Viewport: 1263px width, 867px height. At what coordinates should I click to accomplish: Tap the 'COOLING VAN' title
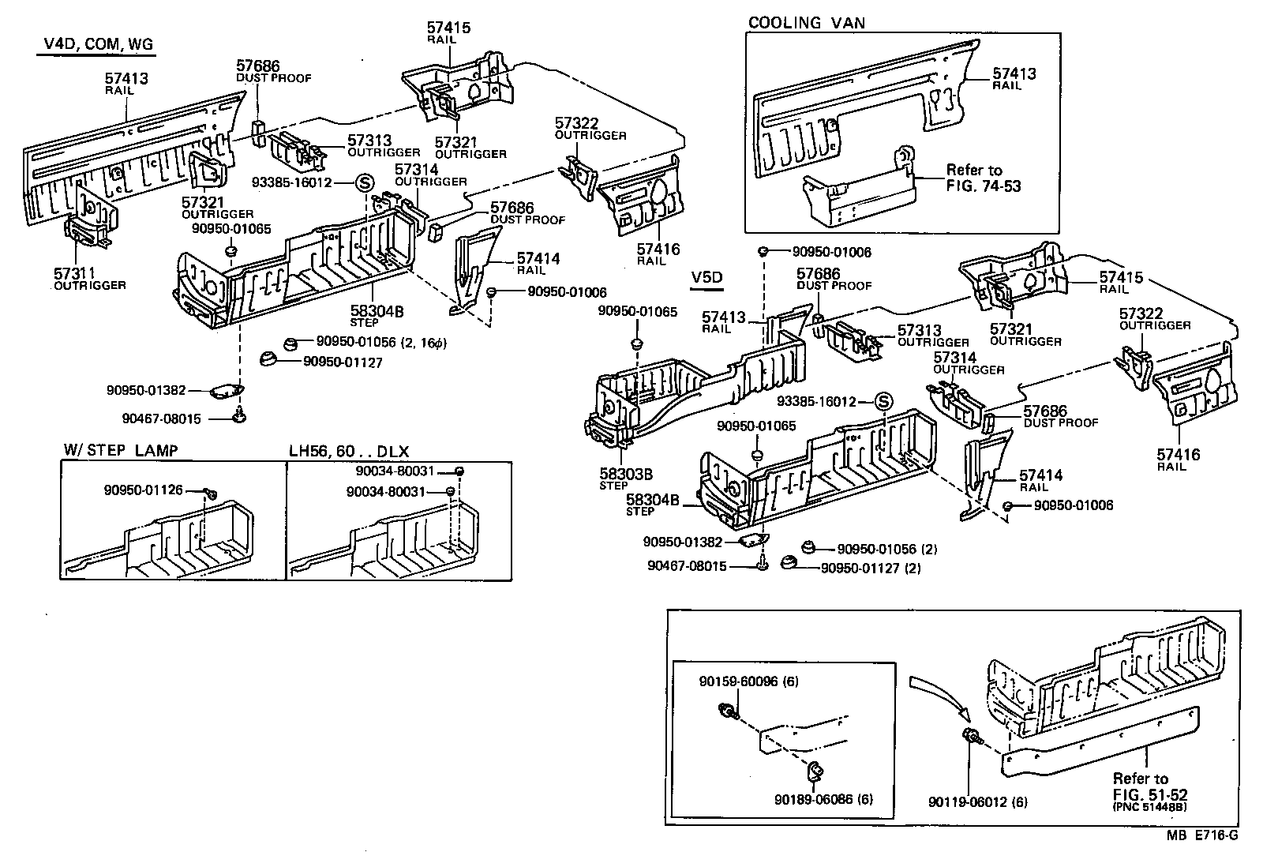click(x=806, y=22)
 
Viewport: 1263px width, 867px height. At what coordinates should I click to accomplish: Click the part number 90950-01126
click(x=143, y=490)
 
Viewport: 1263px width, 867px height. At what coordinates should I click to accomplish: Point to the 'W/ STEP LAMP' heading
click(x=120, y=450)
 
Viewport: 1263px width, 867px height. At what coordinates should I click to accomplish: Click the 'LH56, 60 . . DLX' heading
click(x=348, y=450)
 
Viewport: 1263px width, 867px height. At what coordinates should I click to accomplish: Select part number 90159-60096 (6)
click(x=748, y=681)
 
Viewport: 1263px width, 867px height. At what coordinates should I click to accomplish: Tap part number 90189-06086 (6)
click(x=823, y=799)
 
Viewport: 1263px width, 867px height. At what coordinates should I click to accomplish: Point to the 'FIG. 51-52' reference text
click(x=1150, y=794)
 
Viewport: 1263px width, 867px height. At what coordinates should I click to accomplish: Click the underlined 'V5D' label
click(x=706, y=278)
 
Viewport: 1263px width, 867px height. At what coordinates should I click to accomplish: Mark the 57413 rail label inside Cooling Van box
click(x=1014, y=75)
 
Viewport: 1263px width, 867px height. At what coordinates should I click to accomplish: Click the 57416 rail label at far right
click(x=1179, y=455)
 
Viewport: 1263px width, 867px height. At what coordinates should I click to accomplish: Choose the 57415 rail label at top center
click(x=448, y=28)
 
